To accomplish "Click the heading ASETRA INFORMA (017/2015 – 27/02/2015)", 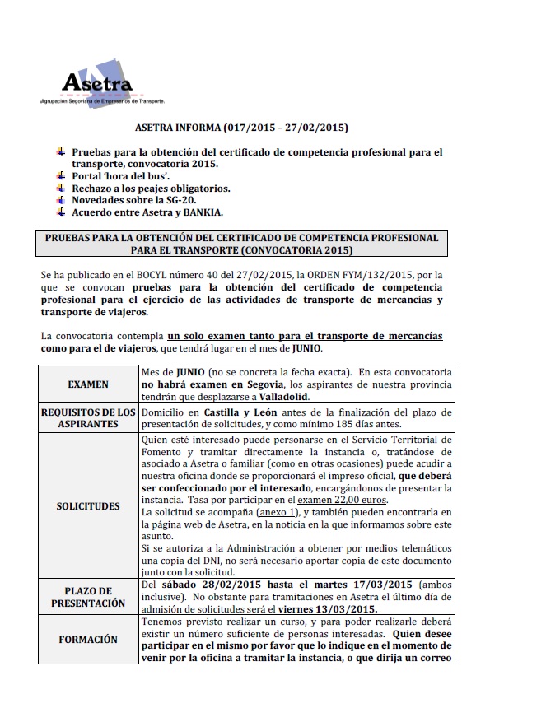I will (x=240, y=128).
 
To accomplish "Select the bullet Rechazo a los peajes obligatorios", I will (x=151, y=189).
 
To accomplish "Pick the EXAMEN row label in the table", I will (x=89, y=384).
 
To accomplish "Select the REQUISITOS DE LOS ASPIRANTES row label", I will (x=89, y=417).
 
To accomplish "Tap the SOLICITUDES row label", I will (x=89, y=505).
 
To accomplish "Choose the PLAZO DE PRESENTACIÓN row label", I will (x=89, y=597).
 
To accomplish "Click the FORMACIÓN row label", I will (x=89, y=639).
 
